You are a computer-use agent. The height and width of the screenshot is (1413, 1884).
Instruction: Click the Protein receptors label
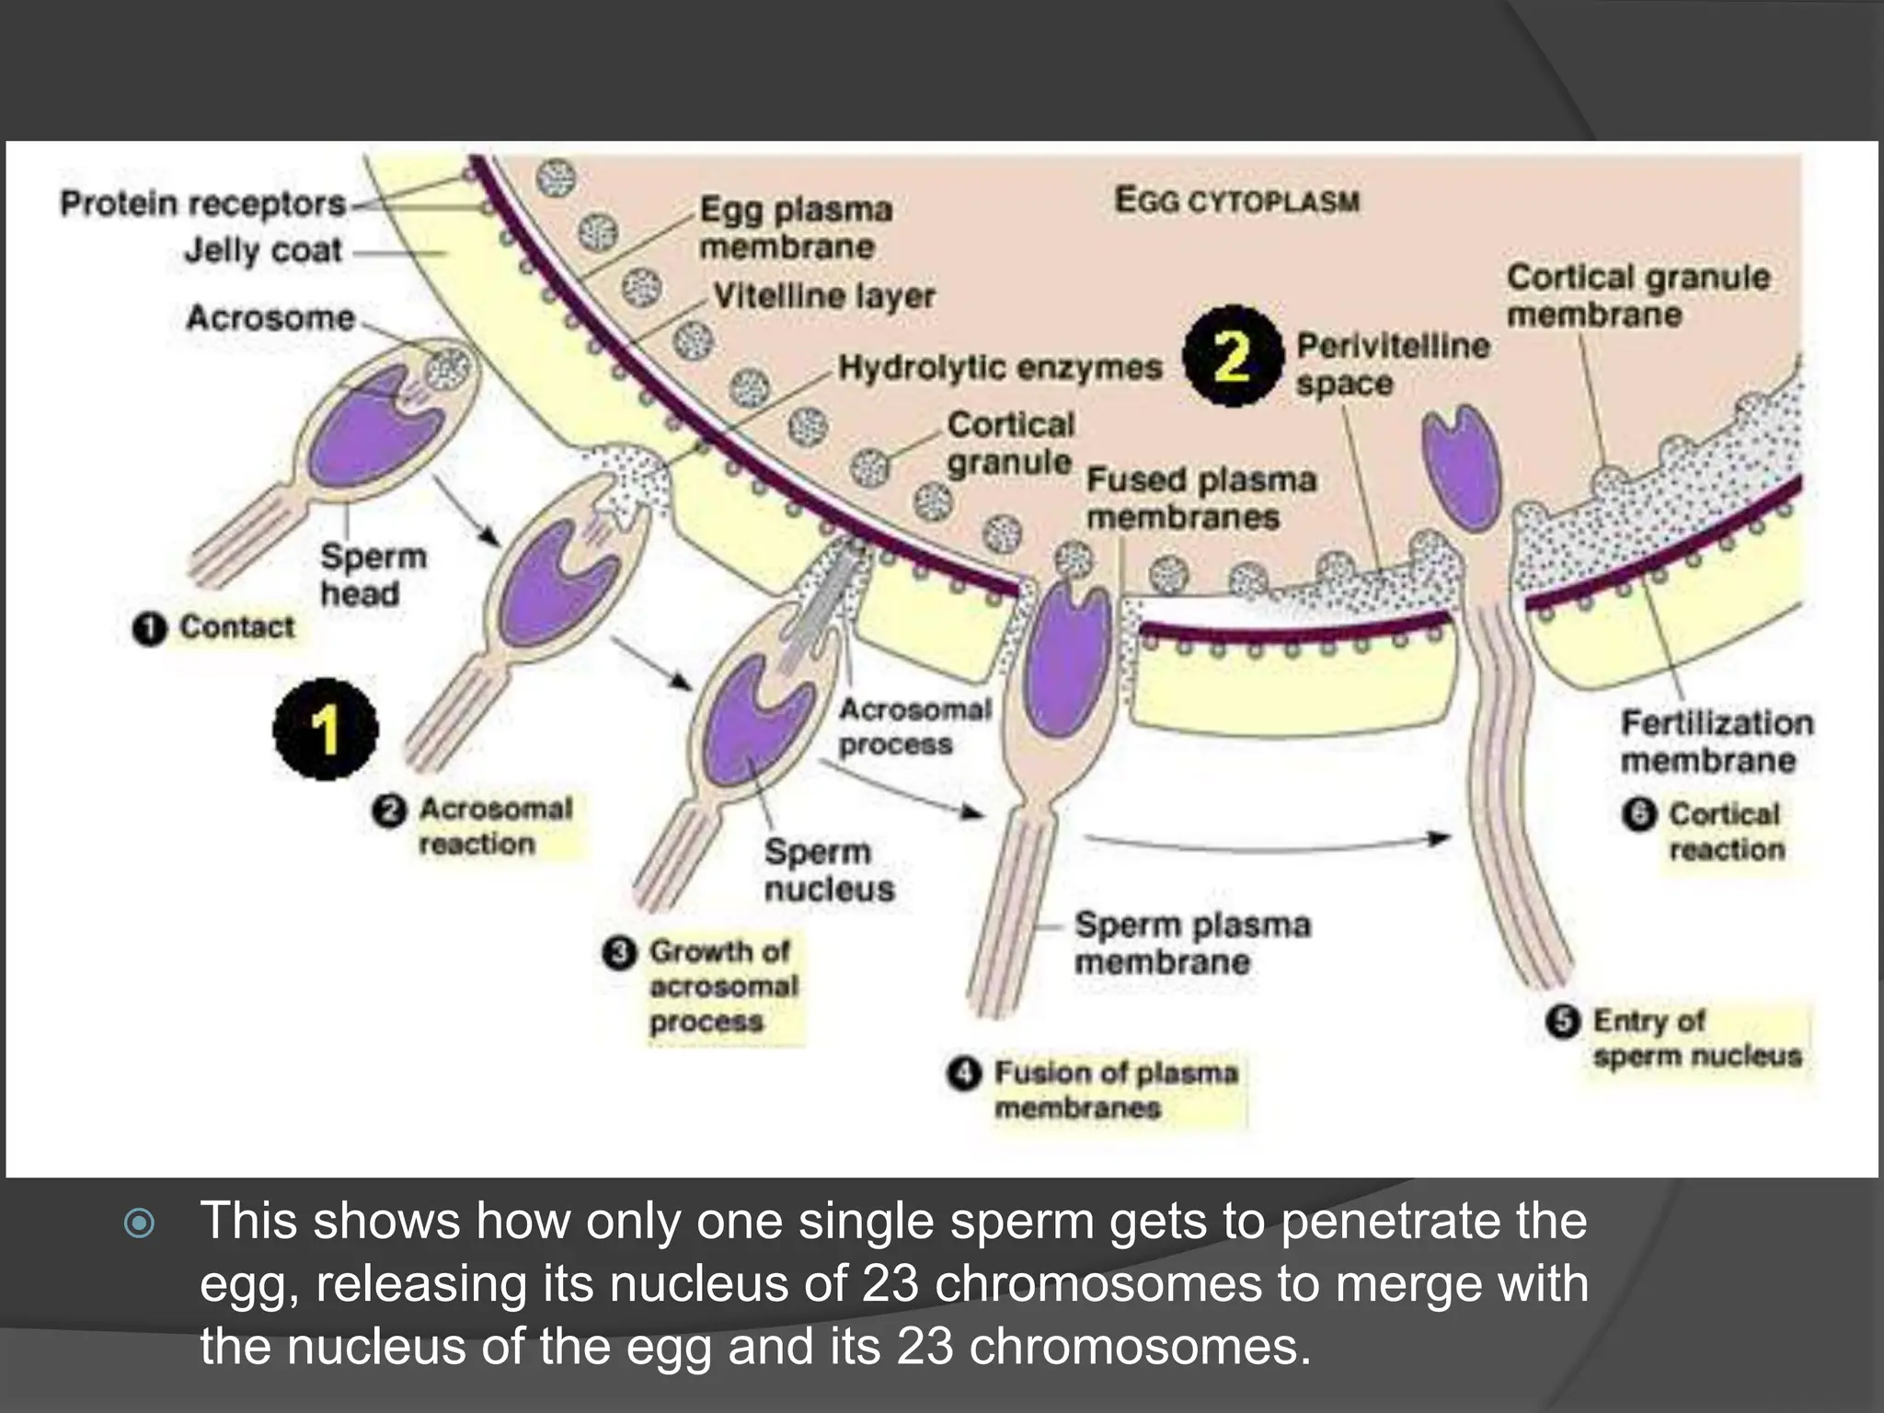coord(202,203)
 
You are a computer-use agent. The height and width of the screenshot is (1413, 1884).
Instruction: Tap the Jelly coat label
coord(263,250)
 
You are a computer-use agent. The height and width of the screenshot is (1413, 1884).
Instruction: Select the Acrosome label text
coord(270,317)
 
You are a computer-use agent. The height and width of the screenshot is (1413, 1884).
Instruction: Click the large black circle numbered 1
coord(326,729)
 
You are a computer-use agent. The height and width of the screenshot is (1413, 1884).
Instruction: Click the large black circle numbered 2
coord(1233,357)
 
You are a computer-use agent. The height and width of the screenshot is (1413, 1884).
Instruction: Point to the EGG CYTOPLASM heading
coord(1237,201)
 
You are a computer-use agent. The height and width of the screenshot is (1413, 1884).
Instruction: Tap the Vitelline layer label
coord(824,296)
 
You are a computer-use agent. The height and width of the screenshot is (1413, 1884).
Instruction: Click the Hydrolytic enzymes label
coord(1000,368)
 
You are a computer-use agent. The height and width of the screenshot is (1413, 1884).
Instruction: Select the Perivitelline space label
coord(1392,364)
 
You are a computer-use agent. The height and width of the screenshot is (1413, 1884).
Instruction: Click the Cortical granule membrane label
coord(1637,295)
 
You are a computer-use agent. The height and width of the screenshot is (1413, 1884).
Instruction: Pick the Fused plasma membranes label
coord(1200,498)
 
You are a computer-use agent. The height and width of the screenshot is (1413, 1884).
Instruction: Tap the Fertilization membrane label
coord(1717,741)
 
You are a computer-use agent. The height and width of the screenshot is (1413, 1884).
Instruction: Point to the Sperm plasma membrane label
coord(1192,943)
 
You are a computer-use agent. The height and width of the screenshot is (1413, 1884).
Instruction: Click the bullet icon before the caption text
coord(139,1223)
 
